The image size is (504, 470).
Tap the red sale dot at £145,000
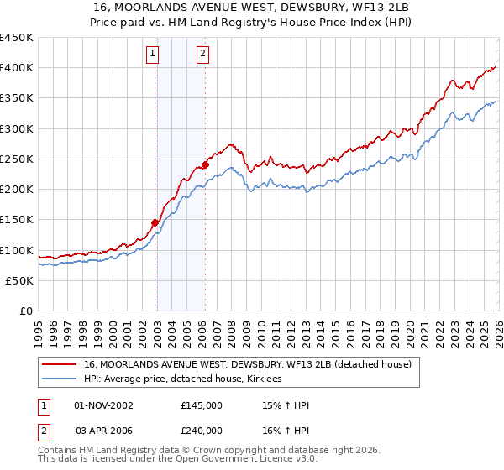point(155,222)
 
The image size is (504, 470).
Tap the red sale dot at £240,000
point(205,164)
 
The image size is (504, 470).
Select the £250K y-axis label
point(17,159)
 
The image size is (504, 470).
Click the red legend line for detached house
point(60,365)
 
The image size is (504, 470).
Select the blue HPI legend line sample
point(60,379)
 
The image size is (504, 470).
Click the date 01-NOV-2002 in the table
point(103,405)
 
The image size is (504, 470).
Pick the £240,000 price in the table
point(201,431)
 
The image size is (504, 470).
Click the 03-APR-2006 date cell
point(103,431)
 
